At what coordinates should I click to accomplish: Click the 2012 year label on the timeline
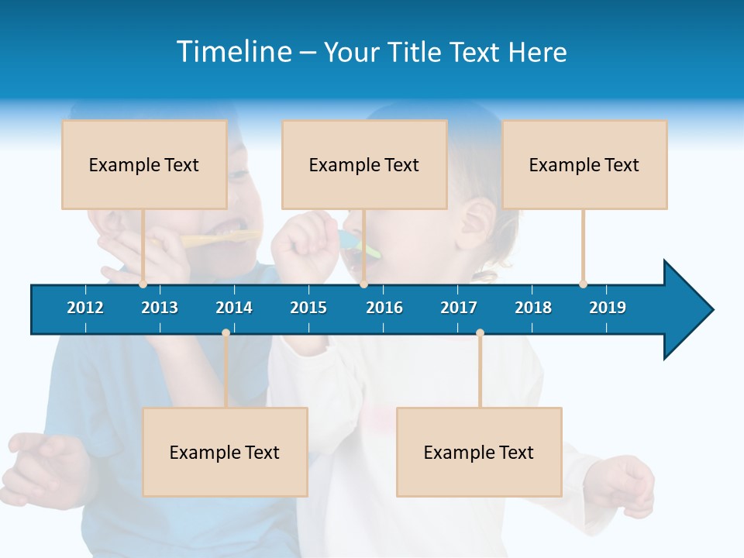click(x=85, y=308)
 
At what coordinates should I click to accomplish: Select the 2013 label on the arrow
click(x=160, y=308)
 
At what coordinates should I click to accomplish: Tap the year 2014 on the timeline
click(x=234, y=308)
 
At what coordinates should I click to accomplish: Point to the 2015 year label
click(x=308, y=308)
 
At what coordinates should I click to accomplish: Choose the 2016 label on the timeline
click(x=384, y=308)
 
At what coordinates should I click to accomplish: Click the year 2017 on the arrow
click(x=459, y=308)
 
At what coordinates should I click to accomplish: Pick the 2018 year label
click(x=533, y=308)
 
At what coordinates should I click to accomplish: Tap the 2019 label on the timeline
click(x=608, y=308)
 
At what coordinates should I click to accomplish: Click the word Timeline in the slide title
click(x=234, y=52)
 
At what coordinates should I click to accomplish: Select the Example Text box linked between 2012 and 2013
click(x=144, y=164)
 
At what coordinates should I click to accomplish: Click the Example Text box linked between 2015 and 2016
click(x=364, y=164)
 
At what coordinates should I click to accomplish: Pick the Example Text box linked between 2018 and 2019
click(x=584, y=164)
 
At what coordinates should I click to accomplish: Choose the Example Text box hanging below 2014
click(x=225, y=452)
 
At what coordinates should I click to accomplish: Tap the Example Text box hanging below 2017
click(x=479, y=452)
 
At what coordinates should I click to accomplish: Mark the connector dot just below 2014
click(x=226, y=333)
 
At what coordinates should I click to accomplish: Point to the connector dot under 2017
click(x=480, y=333)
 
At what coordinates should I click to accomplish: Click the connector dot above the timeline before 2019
click(x=583, y=284)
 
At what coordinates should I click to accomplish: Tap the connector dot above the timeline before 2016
click(x=363, y=284)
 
